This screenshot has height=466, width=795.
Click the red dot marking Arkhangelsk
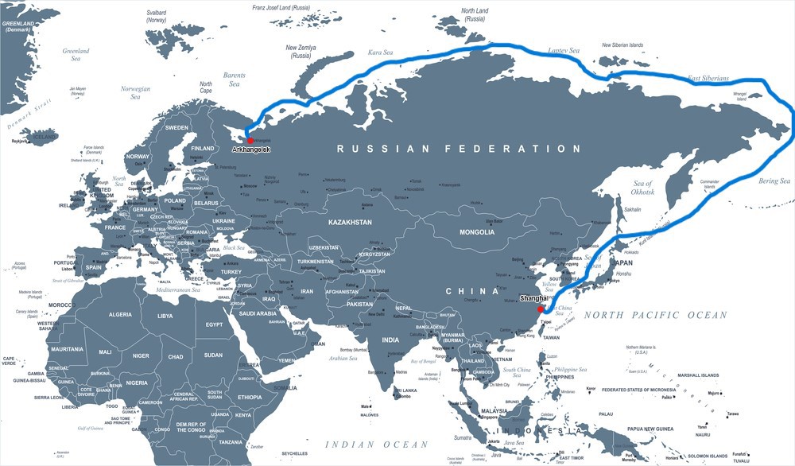(x=250, y=141)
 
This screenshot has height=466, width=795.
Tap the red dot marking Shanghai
(x=541, y=309)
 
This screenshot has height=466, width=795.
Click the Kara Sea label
(x=380, y=53)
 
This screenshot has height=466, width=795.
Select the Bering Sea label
(x=774, y=181)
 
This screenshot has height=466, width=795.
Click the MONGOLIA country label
(x=477, y=232)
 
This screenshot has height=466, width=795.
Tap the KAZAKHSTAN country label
(x=350, y=223)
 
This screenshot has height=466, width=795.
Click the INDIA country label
(x=390, y=340)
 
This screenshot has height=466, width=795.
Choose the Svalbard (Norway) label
(x=157, y=17)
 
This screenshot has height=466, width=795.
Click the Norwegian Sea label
(x=135, y=94)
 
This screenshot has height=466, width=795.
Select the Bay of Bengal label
(x=425, y=362)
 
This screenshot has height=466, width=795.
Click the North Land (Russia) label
(x=474, y=14)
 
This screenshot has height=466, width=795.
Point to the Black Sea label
(x=234, y=247)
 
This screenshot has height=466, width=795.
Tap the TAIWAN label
(x=551, y=337)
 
